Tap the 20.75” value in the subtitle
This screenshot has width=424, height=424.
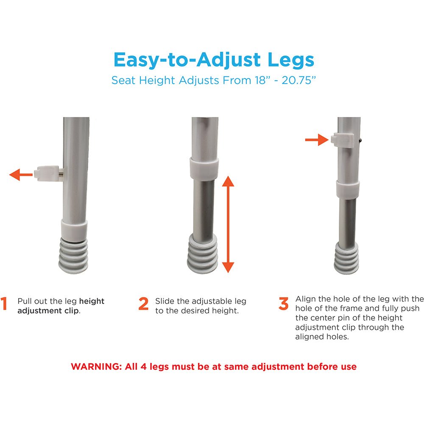point(298,80)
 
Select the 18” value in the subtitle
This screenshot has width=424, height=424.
point(262,80)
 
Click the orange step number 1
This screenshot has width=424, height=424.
point(4,304)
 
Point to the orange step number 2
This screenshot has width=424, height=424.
point(143,304)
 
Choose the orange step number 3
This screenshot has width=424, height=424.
point(283,304)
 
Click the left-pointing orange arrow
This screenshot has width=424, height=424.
point(21,174)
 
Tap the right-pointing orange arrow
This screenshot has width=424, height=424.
point(317,139)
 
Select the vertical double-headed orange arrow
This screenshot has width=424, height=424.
point(228,224)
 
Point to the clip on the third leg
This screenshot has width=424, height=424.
point(342,140)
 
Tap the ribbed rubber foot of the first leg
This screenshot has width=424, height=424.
point(73,256)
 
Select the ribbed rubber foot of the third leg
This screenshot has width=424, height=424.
point(346,259)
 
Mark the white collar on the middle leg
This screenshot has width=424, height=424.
point(204,169)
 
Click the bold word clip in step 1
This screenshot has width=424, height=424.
point(71,311)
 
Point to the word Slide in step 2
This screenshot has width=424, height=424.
point(164,301)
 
